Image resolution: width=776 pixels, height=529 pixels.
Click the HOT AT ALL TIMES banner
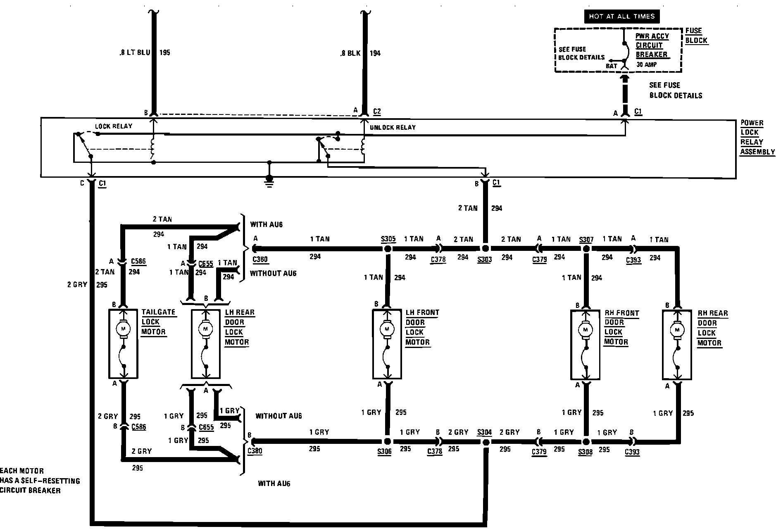(x=621, y=17)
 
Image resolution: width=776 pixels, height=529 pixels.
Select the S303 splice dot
(x=486, y=248)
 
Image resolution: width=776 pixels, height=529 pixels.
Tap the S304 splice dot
(x=486, y=442)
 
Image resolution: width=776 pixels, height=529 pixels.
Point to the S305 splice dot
(x=388, y=249)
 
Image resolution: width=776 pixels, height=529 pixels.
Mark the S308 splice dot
(x=585, y=442)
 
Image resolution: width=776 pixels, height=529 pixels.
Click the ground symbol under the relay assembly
(x=269, y=181)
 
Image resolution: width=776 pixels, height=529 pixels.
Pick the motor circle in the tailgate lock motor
(x=123, y=329)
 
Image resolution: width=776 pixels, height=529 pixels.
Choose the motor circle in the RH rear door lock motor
(x=677, y=330)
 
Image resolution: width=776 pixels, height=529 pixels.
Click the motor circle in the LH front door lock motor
(x=387, y=329)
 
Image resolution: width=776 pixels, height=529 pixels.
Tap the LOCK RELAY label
(x=114, y=126)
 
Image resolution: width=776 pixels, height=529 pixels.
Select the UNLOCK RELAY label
(x=393, y=127)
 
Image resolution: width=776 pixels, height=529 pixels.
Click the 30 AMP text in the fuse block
(x=646, y=65)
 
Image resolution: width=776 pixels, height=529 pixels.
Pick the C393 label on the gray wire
(x=632, y=452)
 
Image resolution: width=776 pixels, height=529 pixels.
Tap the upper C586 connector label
(x=138, y=262)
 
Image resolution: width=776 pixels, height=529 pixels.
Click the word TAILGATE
(x=158, y=312)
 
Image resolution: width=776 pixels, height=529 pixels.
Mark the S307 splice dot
(x=586, y=249)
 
